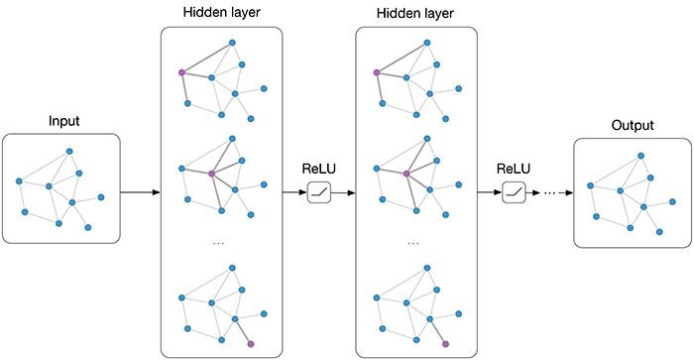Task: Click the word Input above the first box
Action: [x=63, y=121]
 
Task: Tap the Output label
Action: [x=632, y=127]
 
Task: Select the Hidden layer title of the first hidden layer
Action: [x=222, y=12]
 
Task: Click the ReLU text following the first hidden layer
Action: [x=319, y=167]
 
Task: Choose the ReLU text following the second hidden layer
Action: [x=514, y=167]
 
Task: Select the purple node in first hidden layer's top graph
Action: [x=181, y=72]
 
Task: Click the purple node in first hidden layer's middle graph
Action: [x=211, y=174]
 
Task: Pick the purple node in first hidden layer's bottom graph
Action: [x=251, y=343]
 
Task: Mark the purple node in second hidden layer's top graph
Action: [x=376, y=72]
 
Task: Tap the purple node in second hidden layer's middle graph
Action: [x=405, y=174]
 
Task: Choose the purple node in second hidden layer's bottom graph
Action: [x=445, y=343]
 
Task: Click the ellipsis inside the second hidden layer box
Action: [x=413, y=243]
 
